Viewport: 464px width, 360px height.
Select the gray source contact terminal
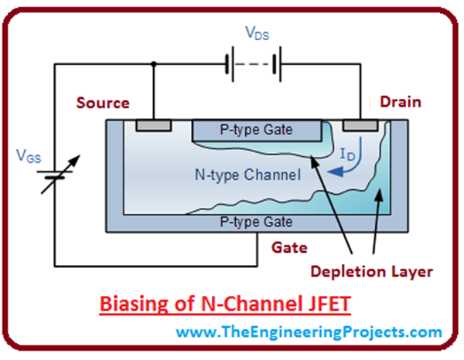click(153, 125)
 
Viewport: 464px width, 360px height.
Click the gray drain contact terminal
click(361, 125)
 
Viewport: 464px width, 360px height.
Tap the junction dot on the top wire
click(154, 66)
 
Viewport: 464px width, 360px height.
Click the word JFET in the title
click(329, 304)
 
